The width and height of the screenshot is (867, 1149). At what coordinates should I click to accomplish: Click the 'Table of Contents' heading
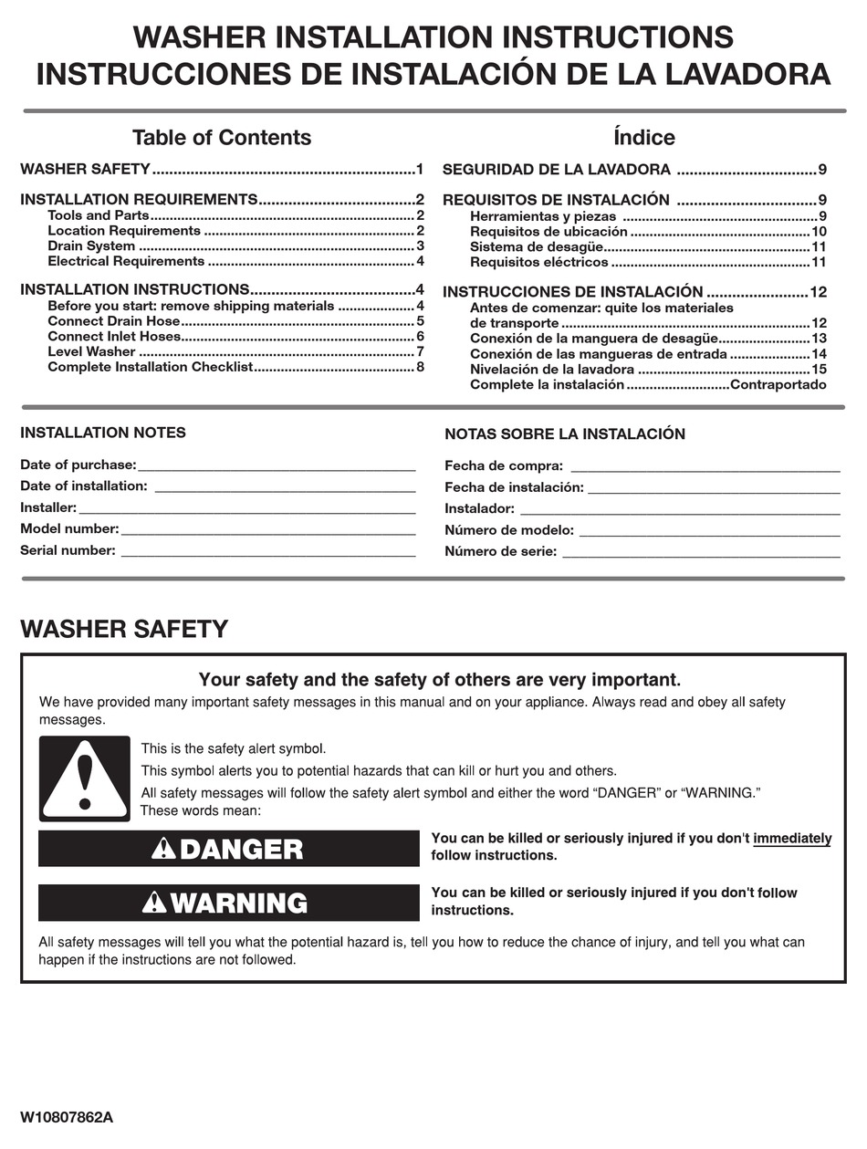pos(221,138)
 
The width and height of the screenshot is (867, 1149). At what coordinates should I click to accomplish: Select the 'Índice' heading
pos(643,138)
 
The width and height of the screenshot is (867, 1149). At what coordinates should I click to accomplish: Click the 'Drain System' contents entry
pos(91,245)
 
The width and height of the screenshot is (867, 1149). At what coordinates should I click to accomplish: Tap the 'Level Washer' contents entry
pos(91,351)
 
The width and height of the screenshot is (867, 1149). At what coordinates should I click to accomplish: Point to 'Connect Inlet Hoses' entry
pos(114,336)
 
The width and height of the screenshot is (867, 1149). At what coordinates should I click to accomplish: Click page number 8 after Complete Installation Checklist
pos(420,367)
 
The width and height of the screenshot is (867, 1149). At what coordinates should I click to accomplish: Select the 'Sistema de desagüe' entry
pos(537,246)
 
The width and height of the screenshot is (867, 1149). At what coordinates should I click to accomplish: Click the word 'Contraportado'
pos(778,384)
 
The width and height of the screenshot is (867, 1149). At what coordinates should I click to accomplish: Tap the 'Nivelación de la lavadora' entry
pos(552,370)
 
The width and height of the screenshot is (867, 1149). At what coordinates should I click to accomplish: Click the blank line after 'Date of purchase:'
pos(277,467)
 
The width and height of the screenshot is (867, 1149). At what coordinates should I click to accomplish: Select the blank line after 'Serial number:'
pos(267,553)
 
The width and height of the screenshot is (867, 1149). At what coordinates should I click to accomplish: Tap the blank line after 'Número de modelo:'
pos(709,534)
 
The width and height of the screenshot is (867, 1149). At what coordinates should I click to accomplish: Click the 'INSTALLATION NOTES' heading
pos(102,433)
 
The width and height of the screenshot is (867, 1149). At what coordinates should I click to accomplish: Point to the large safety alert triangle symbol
pos(84,778)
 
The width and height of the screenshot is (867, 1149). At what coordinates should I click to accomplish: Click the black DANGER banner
pos(228,849)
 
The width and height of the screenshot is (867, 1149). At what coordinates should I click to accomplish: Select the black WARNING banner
pos(228,903)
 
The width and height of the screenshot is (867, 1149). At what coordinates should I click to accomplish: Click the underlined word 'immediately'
pos(792,839)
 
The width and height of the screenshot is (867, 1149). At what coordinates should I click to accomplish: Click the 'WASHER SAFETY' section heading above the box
pos(124,629)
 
